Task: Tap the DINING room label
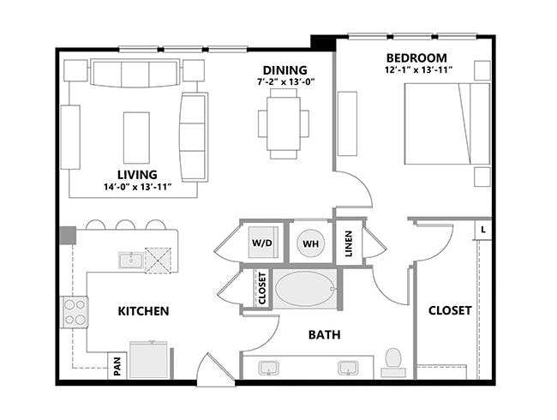[x=284, y=69]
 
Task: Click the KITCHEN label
[x=143, y=310]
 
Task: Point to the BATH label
[x=325, y=334]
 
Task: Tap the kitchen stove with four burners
[x=75, y=310]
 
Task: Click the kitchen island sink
[x=131, y=260]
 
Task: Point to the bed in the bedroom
[x=446, y=123]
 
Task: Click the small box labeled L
[x=483, y=230]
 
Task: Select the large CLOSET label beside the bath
[x=450, y=310]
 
